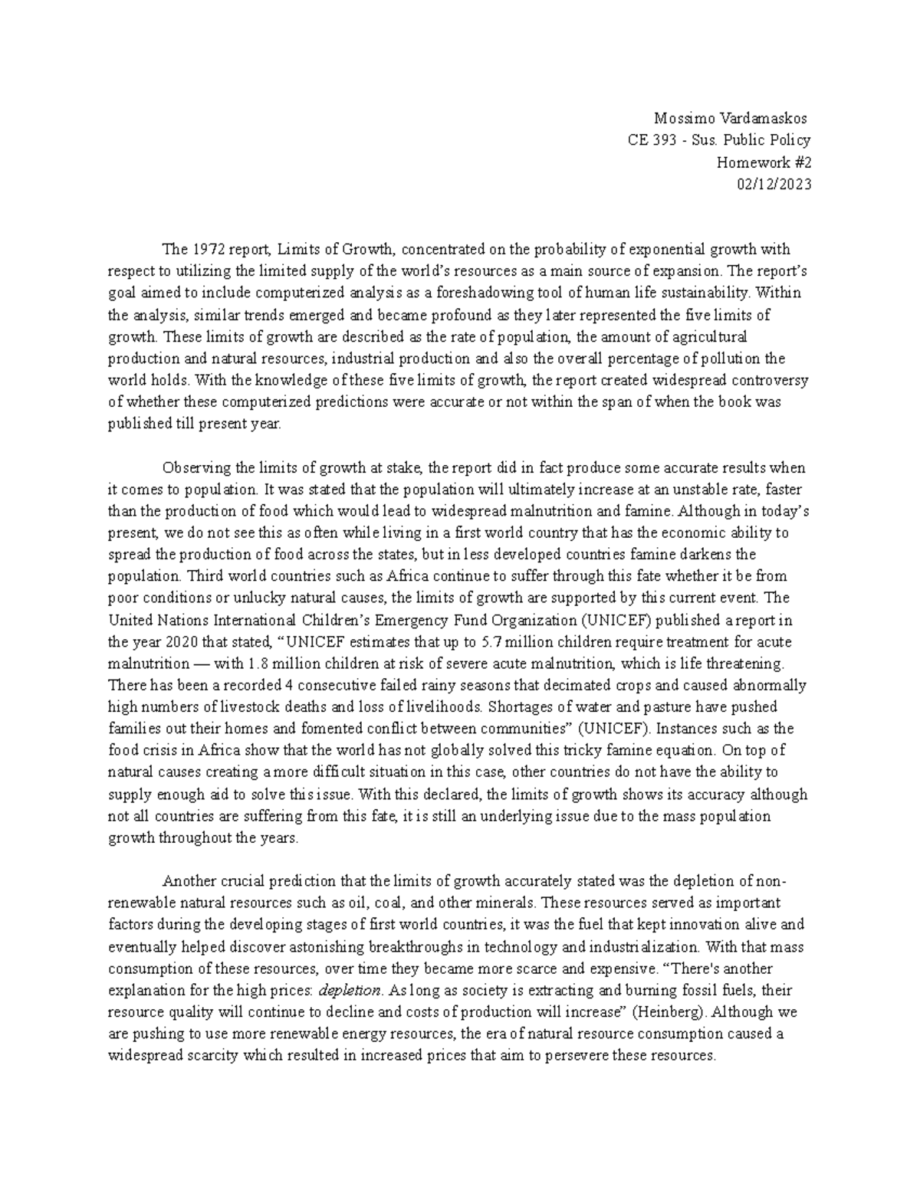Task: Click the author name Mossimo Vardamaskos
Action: click(731, 119)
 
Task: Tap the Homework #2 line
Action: click(763, 162)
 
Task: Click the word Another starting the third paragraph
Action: click(188, 881)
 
